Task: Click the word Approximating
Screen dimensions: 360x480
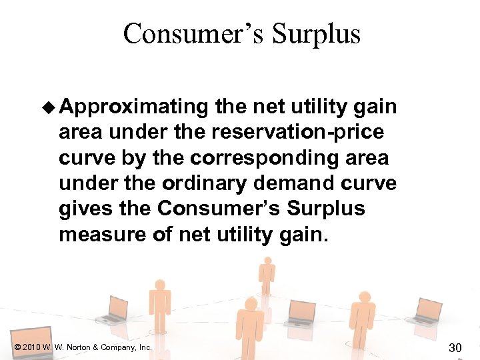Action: [137, 107]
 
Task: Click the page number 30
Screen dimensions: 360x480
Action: [455, 347]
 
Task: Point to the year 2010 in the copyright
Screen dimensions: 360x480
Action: [32, 347]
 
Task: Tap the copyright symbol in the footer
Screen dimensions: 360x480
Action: [16, 347]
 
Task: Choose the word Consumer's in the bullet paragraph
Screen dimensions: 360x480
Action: [221, 209]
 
